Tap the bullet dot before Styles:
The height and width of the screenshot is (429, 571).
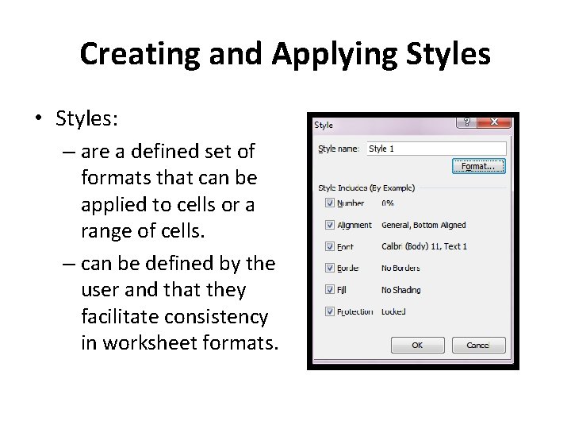38,119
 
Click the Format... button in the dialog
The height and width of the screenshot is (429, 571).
478,166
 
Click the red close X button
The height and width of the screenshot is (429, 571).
495,123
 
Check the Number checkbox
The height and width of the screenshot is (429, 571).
329,203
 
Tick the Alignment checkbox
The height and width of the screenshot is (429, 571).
329,225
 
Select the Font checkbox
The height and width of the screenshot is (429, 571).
329,246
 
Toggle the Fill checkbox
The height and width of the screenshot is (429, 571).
329,290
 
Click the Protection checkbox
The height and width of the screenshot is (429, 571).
329,311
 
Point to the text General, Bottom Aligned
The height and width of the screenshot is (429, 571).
423,226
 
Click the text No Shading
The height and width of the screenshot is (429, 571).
400,290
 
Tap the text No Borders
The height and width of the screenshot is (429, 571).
400,269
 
